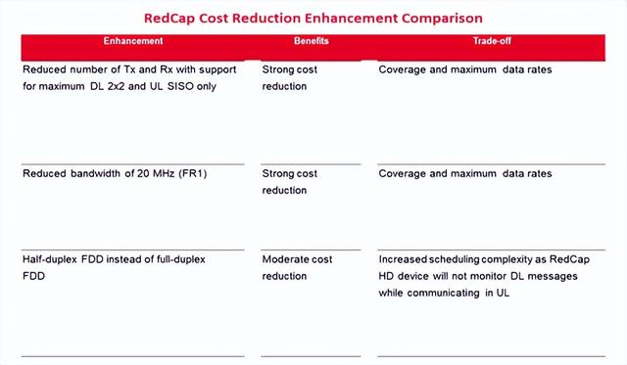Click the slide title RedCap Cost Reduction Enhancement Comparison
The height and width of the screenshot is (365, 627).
pyautogui.click(x=313, y=18)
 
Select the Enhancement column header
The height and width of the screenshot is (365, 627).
pyautogui.click(x=134, y=42)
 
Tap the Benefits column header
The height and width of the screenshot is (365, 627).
pyautogui.click(x=312, y=42)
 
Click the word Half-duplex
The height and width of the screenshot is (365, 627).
pyautogui.click(x=54, y=259)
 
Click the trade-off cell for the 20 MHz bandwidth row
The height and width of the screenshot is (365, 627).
pyautogui.click(x=464, y=173)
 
